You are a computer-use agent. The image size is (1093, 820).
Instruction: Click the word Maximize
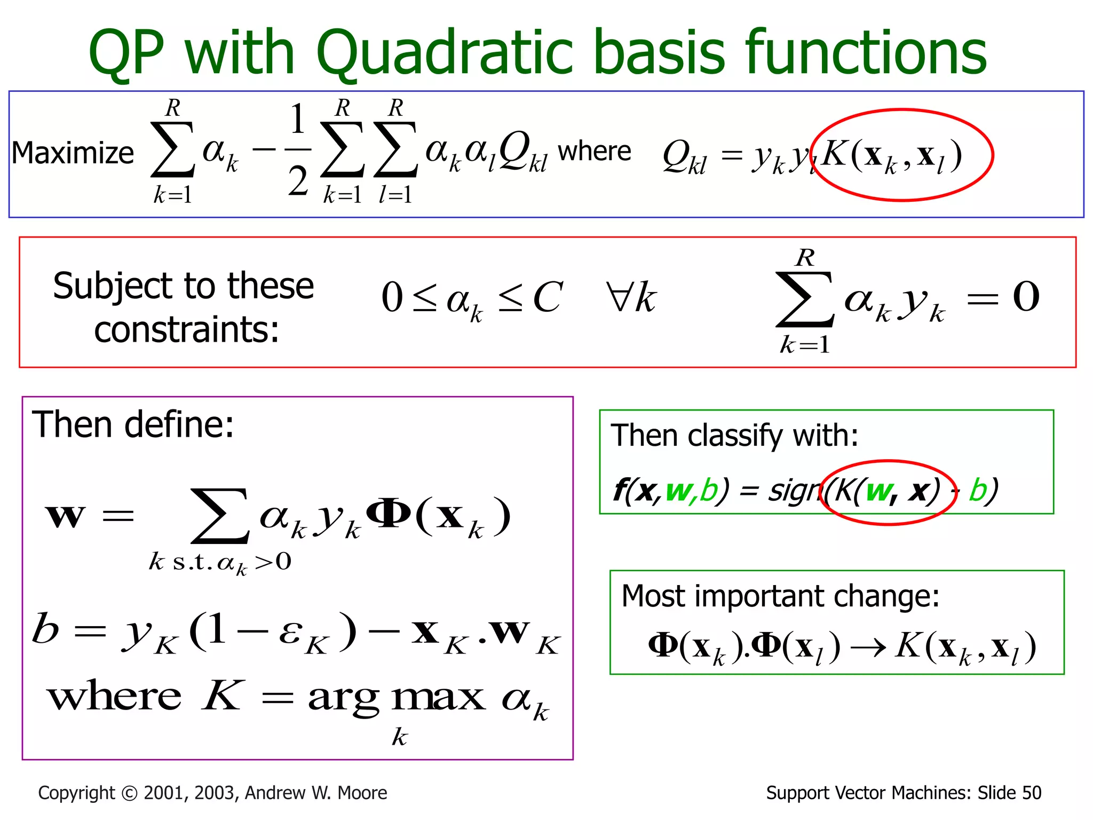[73, 153]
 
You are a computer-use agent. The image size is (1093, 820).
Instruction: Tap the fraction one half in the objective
[298, 149]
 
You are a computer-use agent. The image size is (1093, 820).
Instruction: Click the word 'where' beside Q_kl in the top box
[594, 151]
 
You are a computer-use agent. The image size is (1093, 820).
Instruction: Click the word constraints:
[186, 329]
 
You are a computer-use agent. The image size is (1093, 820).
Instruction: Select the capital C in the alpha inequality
[548, 297]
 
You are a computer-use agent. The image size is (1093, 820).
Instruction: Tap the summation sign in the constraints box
[805, 299]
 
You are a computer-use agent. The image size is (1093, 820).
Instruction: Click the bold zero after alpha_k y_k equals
[1026, 297]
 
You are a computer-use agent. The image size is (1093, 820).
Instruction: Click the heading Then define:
[133, 425]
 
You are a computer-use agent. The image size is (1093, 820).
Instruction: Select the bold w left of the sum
[65, 516]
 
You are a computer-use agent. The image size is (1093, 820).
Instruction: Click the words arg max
[397, 698]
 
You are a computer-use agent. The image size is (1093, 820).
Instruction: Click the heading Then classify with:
[734, 436]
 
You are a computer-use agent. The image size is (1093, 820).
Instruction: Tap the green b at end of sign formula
[979, 490]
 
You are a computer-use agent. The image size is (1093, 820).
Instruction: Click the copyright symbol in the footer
[129, 793]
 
